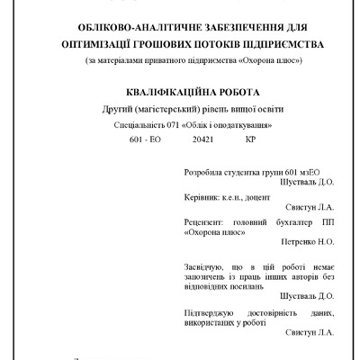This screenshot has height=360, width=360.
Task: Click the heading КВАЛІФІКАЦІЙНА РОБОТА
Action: pyautogui.click(x=180, y=92)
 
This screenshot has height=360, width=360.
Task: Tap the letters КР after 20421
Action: pyautogui.click(x=249, y=140)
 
